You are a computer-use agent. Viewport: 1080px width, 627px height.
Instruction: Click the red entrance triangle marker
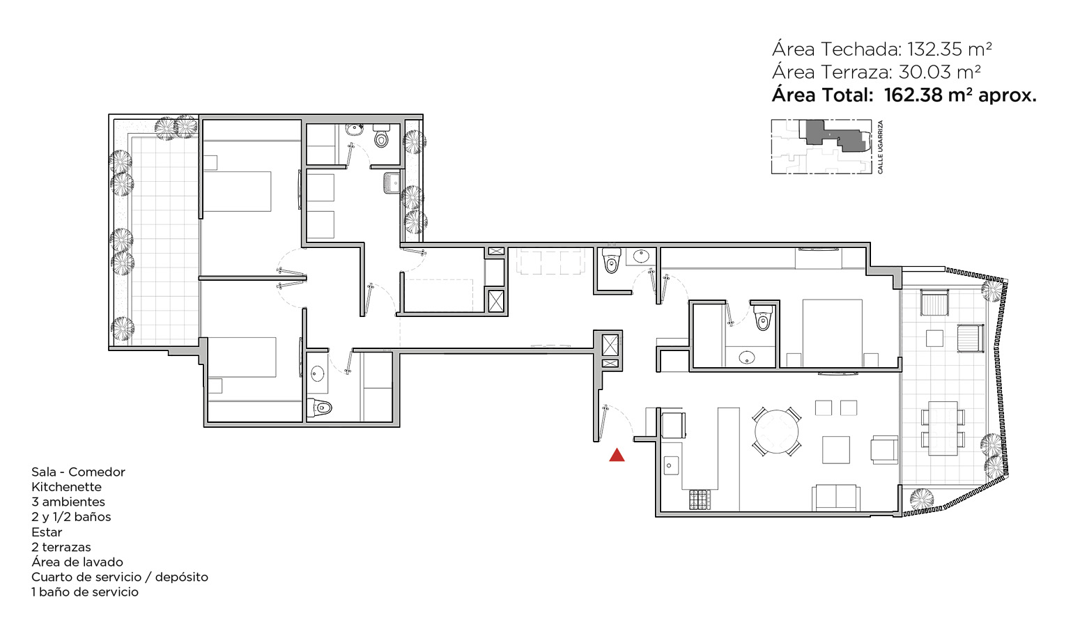617,455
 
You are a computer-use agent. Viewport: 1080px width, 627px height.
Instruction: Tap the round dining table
776,431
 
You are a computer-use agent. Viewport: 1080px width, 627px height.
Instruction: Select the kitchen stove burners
700,500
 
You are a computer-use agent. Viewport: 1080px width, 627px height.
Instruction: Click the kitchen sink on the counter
670,465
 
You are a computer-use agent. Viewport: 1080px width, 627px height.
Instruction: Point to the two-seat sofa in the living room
835,498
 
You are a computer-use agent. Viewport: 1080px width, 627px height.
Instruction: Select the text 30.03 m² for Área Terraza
939,72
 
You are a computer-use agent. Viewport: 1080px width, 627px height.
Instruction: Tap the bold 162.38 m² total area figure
930,95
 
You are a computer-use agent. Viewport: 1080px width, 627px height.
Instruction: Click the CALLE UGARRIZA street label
880,147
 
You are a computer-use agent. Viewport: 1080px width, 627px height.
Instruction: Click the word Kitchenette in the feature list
66,487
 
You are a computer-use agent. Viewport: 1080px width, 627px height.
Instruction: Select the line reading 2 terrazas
61,547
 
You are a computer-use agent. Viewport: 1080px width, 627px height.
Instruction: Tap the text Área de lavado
77,562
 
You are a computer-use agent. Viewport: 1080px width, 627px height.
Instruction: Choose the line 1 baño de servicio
85,592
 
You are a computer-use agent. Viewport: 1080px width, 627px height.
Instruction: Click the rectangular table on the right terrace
943,428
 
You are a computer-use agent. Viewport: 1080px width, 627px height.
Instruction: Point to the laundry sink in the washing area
392,183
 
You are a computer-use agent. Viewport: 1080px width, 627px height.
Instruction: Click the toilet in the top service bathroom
381,136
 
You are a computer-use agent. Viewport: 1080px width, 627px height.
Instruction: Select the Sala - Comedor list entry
78,472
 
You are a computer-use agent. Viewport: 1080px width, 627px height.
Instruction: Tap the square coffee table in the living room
836,449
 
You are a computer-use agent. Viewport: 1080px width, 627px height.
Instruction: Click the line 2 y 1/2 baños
71,517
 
